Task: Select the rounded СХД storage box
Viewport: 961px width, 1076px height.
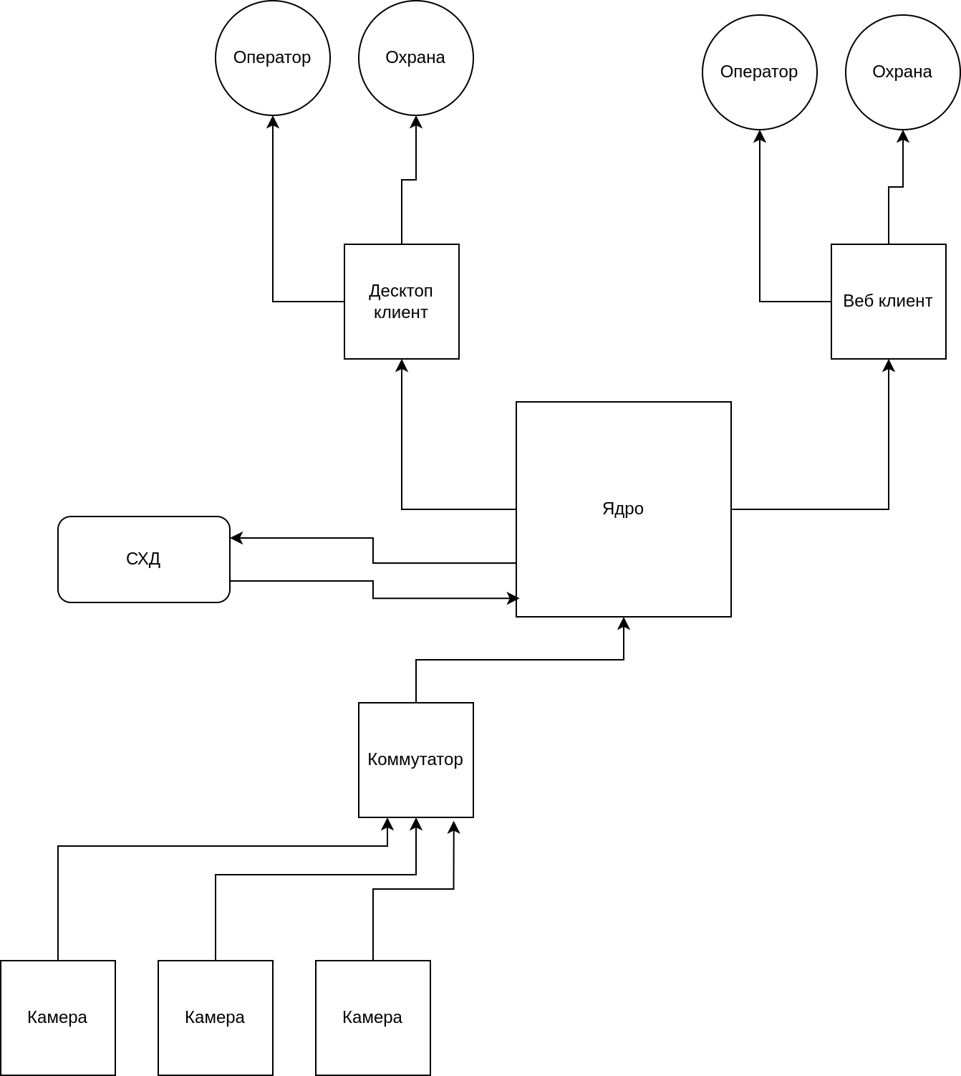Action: point(143,559)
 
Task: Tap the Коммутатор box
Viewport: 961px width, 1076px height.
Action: point(415,760)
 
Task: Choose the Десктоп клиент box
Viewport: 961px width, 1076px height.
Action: point(401,302)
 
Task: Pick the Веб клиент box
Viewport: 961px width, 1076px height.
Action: point(888,302)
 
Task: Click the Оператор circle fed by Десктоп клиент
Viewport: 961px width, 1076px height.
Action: point(272,58)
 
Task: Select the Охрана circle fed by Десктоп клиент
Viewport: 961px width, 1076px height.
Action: point(415,58)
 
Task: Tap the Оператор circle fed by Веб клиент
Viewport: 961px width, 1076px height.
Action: point(759,72)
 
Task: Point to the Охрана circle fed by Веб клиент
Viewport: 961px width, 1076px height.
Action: point(902,72)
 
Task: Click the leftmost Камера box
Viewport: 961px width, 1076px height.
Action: point(57,1018)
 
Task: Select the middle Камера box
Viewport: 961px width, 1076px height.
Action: point(215,1018)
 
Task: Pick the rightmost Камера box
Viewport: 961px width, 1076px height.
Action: point(372,1018)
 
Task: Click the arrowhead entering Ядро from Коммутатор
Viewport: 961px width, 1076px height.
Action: point(624,623)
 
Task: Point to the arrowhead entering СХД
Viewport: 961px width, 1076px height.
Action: point(236,538)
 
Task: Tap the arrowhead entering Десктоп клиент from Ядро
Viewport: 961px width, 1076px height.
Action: point(402,365)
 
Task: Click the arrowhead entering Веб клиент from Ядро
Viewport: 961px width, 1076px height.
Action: point(889,365)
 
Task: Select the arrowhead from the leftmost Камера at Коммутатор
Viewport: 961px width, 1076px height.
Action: point(387,824)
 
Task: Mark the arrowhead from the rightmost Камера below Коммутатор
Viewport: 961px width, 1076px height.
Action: point(454,827)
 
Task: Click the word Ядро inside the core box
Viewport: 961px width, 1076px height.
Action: point(623,509)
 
